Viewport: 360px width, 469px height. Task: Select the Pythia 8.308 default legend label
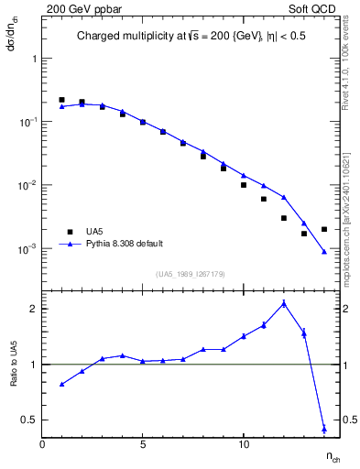pyautogui.click(x=125, y=244)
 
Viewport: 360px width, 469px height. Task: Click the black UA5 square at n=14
pyautogui.click(x=324, y=229)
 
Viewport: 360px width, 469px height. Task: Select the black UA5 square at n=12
pyautogui.click(x=284, y=218)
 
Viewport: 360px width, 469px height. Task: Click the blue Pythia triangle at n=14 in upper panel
pyautogui.click(x=324, y=252)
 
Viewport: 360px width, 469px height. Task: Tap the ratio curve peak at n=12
pyautogui.click(x=284, y=303)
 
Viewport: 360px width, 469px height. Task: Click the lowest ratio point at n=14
pyautogui.click(x=324, y=428)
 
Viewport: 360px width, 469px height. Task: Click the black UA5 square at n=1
pyautogui.click(x=61, y=100)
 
